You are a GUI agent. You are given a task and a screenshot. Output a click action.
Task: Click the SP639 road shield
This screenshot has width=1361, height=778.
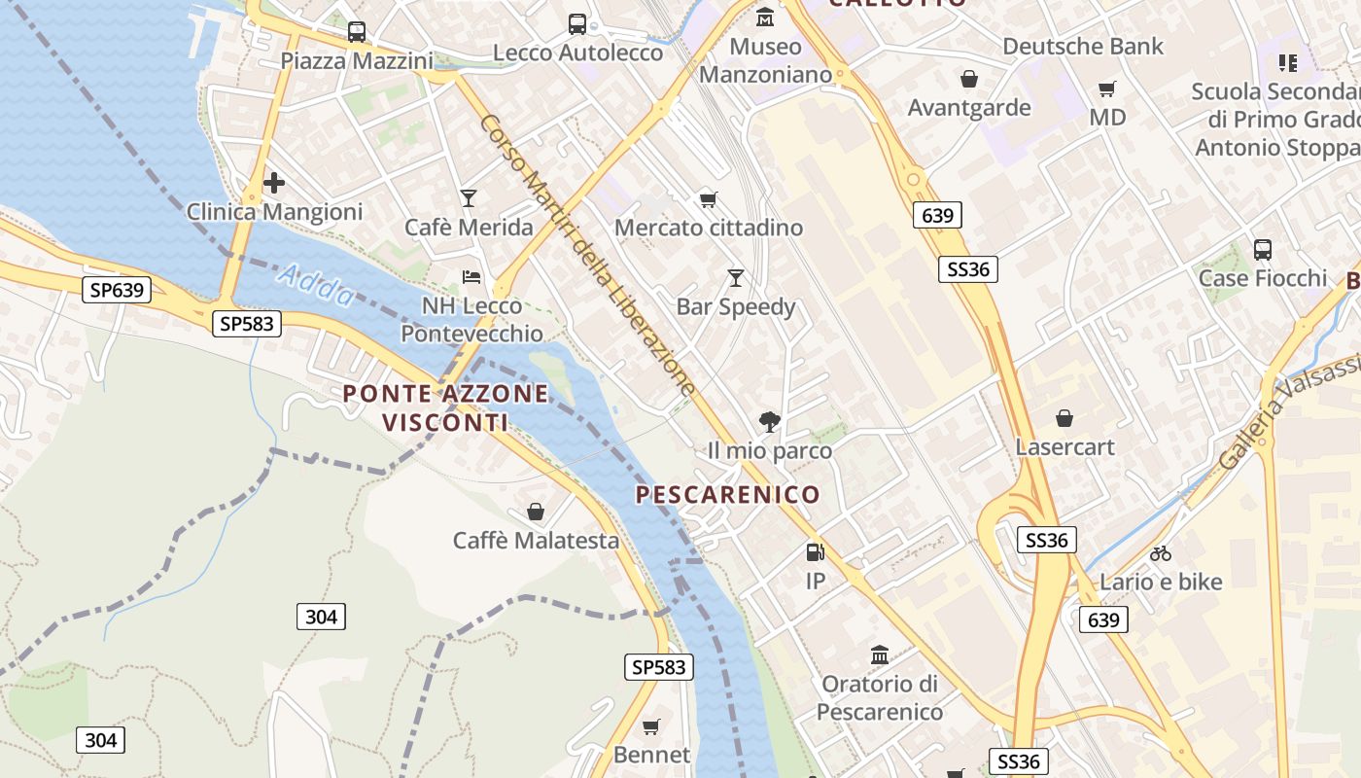(x=116, y=289)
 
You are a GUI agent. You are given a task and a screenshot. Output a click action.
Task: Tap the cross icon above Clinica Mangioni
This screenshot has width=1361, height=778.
(x=274, y=182)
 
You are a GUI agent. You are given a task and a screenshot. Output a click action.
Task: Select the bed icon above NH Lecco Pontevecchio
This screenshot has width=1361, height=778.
(x=471, y=277)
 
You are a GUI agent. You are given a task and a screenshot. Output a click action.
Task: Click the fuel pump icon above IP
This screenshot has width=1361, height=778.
(x=815, y=552)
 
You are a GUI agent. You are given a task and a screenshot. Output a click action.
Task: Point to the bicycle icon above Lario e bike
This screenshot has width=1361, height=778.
(x=1161, y=553)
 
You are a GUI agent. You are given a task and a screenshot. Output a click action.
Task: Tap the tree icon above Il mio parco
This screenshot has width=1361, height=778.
(x=770, y=421)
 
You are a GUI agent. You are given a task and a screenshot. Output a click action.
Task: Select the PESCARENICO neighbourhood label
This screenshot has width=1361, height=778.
(x=728, y=495)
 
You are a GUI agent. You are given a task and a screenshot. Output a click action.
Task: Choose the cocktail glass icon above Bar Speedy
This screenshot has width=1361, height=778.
(x=736, y=278)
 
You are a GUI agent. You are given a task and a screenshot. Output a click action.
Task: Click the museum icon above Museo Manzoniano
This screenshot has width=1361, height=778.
(x=765, y=18)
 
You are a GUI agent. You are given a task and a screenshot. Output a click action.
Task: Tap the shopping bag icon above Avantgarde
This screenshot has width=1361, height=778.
(x=968, y=79)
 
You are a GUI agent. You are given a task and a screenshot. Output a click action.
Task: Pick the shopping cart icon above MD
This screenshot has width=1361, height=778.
(x=1106, y=89)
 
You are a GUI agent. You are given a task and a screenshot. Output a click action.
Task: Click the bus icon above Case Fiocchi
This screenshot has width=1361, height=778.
(x=1262, y=250)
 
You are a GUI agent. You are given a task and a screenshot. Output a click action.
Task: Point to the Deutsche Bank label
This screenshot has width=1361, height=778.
(x=1083, y=46)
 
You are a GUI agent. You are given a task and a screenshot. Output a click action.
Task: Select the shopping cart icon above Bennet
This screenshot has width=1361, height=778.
(x=651, y=726)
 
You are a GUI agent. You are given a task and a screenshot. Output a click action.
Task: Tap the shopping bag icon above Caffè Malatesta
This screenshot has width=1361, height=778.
(x=536, y=512)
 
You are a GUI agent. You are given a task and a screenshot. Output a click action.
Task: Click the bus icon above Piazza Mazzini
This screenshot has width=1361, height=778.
(x=357, y=32)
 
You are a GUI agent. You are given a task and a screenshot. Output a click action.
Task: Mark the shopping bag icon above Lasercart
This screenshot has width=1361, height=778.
(x=1064, y=418)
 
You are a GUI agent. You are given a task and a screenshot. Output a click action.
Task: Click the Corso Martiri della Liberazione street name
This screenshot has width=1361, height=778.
(x=587, y=257)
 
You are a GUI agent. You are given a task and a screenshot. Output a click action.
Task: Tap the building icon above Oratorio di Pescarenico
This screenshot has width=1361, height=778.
(x=880, y=654)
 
